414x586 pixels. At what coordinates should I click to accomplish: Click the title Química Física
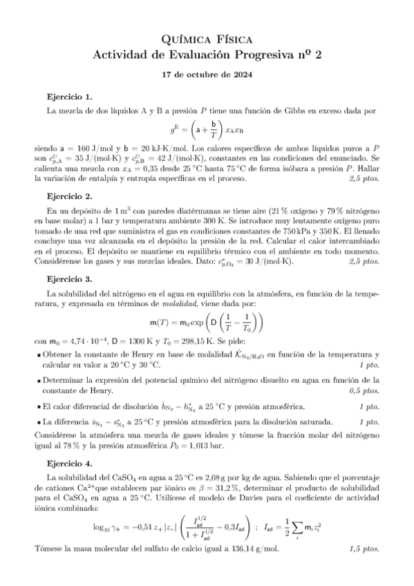[207, 41]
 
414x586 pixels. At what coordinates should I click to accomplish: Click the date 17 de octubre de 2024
[207, 75]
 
